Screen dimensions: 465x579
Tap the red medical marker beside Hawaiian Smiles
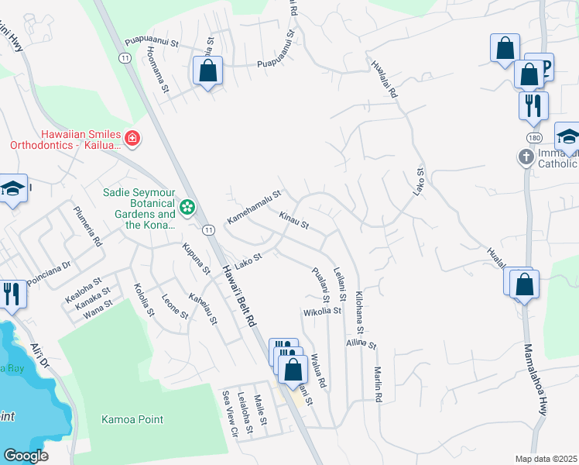pos(133,139)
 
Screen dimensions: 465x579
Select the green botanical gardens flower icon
pos(187,207)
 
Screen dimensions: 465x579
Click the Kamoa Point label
pos(132,419)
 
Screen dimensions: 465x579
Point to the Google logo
pos(26,456)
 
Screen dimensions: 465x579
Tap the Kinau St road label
pos(294,222)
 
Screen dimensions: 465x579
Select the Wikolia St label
pos(322,311)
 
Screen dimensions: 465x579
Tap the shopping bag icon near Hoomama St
pos(208,71)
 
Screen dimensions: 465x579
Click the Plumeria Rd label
pos(87,226)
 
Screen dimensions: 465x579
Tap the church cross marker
pos(526,157)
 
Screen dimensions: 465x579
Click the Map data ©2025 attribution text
pos(546,459)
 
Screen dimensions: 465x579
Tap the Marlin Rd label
pos(378,384)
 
